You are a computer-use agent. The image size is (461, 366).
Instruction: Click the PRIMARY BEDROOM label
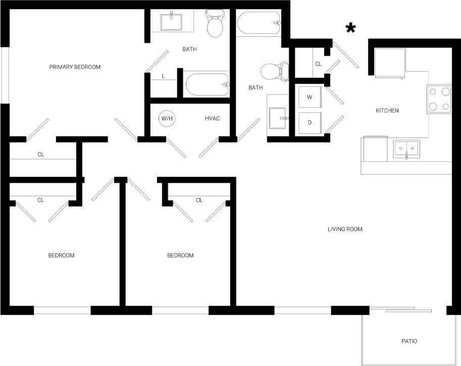tap(75, 67)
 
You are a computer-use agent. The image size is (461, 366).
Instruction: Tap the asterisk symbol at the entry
tap(349, 28)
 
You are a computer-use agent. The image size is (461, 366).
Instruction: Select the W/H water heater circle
tap(167, 118)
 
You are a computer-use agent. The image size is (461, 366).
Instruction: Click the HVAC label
tap(213, 118)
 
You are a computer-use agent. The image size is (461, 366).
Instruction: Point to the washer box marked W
tap(310, 97)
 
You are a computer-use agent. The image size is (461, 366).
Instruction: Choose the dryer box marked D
tap(310, 123)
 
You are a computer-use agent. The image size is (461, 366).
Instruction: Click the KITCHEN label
tap(387, 110)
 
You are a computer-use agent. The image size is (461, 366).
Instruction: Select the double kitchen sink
tap(406, 149)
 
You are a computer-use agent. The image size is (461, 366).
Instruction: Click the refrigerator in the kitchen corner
tap(390, 63)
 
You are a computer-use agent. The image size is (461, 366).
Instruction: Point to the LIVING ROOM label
tap(345, 229)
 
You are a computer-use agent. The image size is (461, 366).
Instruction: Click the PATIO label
tap(409, 341)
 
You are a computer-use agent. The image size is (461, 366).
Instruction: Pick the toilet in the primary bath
tap(215, 26)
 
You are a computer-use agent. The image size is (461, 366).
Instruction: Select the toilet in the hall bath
tap(274, 72)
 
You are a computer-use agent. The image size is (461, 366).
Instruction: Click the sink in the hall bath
tap(278, 119)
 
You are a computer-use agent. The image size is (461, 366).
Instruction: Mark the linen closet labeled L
tap(163, 76)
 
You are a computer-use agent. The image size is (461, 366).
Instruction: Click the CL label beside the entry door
tap(318, 64)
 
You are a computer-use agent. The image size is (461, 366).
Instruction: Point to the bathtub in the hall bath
tap(258, 23)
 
